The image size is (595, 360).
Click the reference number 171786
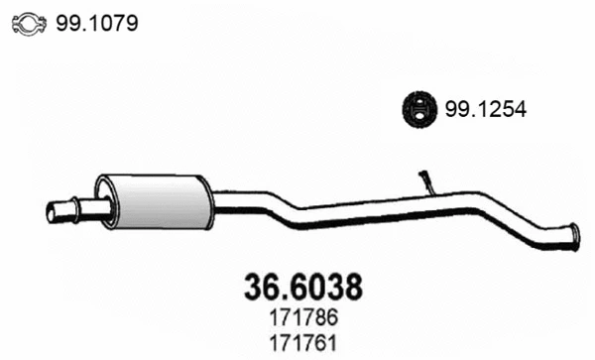coord(300,320)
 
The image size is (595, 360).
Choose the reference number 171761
coord(300,343)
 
